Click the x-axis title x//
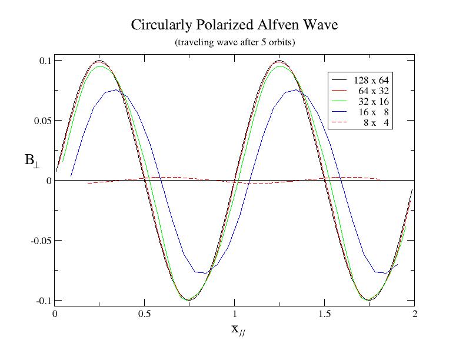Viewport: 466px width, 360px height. pyautogui.click(x=237, y=329)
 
